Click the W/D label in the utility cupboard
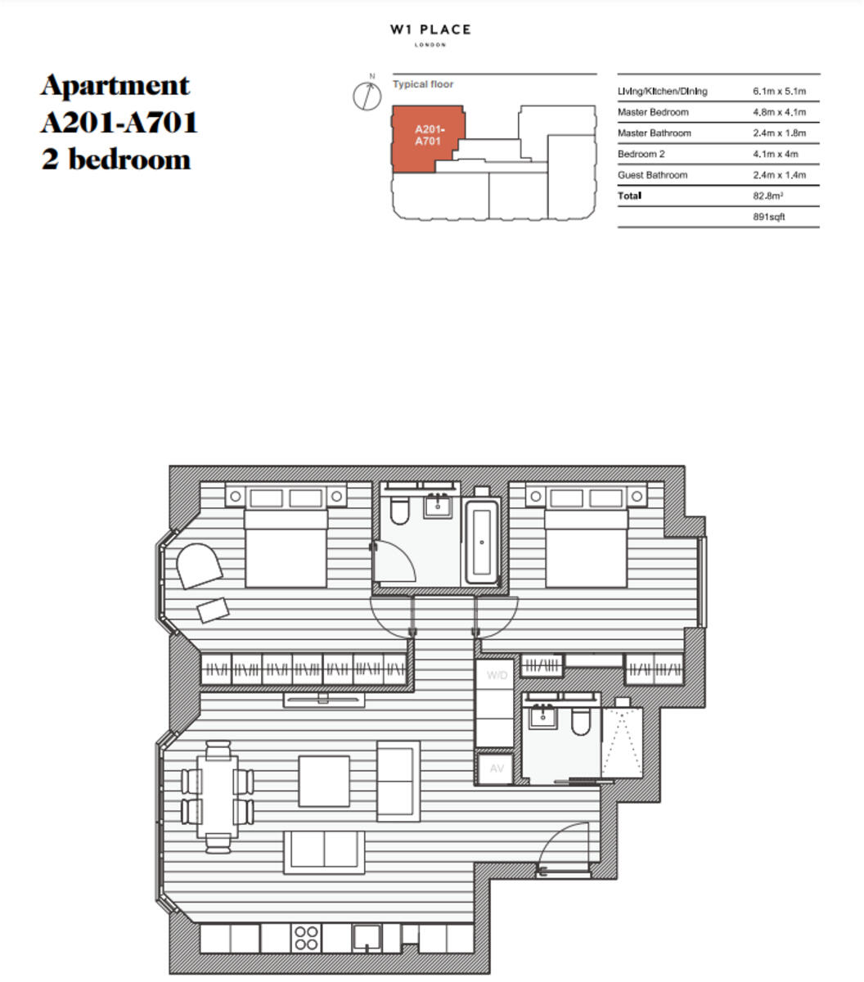(497, 675)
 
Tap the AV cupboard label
(497, 768)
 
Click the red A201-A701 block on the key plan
(426, 137)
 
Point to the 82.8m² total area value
(768, 196)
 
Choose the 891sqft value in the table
(768, 217)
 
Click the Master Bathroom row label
(654, 133)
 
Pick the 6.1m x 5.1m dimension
(779, 91)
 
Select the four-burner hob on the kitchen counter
(306, 938)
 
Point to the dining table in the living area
(217, 796)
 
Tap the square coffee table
(324, 782)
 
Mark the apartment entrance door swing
(566, 851)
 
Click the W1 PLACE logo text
(430, 30)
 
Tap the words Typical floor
(422, 84)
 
